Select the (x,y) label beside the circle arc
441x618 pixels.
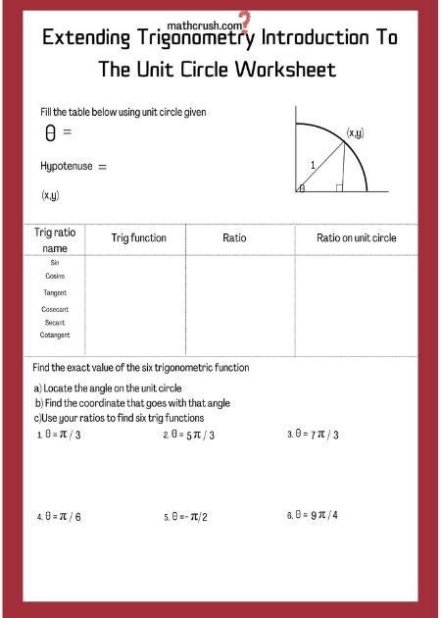356,132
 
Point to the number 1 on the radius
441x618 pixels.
313,165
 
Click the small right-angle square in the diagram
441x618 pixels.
339,186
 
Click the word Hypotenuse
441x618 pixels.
67,167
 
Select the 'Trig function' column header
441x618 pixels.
138,238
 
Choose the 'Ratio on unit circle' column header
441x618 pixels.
356,238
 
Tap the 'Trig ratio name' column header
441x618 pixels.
55,241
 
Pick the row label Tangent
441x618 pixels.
55,292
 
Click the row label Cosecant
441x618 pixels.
55,309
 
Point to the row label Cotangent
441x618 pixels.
55,335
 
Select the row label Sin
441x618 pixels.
55,262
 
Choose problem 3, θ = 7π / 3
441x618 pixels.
313,434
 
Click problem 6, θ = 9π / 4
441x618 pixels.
313,516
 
